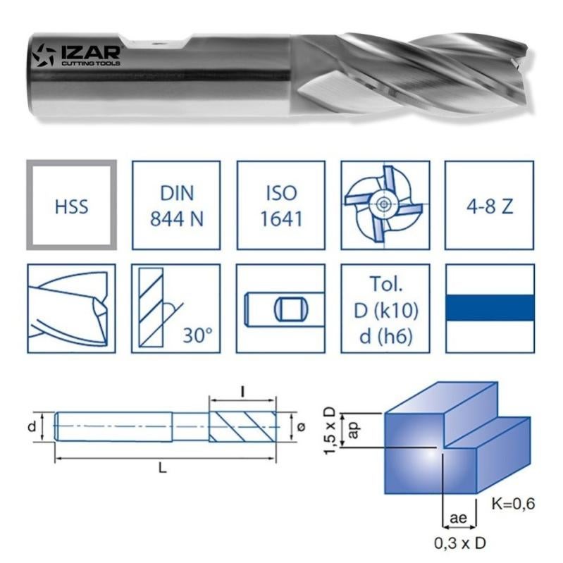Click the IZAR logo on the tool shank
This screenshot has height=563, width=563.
pos(78,55)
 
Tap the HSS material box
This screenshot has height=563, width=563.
pos(71,204)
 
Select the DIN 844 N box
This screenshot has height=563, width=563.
pos(176,204)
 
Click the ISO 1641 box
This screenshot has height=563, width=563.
pos(280,204)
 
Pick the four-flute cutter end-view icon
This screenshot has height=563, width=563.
pos(384,204)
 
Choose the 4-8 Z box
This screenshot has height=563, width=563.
pos(489,204)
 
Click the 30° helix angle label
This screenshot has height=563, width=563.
pos(198,334)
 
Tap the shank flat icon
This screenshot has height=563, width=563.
pos(280,309)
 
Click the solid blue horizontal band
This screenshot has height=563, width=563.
pos(489,309)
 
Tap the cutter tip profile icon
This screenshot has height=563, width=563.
pos(71,309)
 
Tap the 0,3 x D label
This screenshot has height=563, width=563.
pos(461,543)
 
